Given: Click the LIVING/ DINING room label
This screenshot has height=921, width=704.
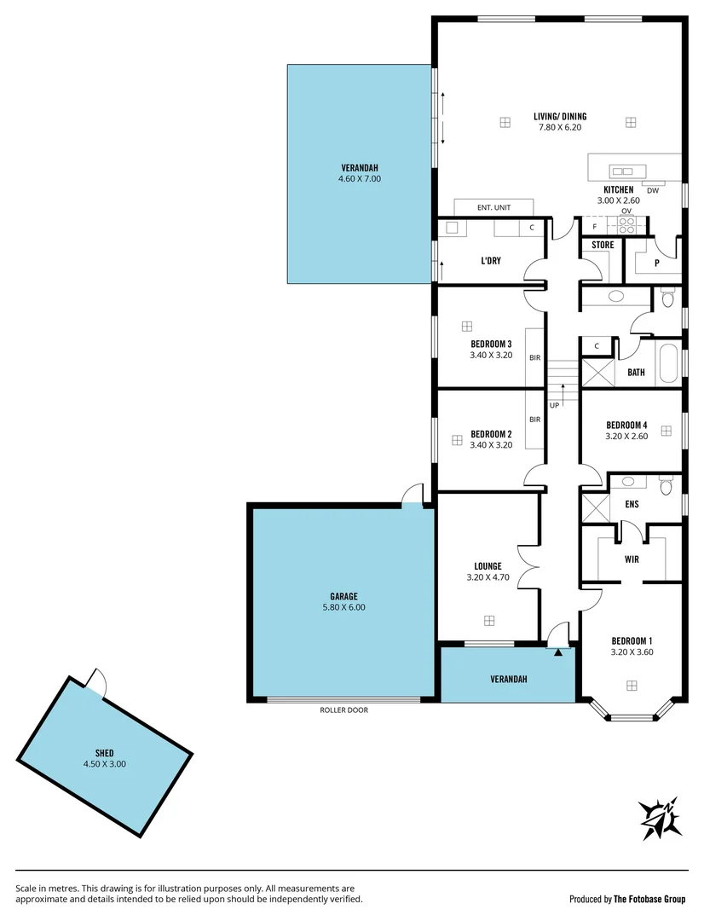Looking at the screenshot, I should click(x=560, y=117).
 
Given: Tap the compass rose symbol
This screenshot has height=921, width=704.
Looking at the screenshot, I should click(x=661, y=819).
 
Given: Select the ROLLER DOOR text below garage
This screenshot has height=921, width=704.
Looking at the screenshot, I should click(x=344, y=710).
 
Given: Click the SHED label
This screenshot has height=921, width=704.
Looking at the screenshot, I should click(x=105, y=753).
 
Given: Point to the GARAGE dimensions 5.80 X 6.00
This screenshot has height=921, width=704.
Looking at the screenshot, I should click(x=343, y=608).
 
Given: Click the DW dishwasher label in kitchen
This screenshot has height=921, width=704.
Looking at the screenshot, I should click(x=653, y=190).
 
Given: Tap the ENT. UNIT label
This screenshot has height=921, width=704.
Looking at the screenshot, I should click(x=493, y=207).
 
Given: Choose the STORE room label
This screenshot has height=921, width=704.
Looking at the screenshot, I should click(x=603, y=246).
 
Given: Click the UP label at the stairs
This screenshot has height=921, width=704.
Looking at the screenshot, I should click(x=555, y=405).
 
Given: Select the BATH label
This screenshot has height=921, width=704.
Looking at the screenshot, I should click(x=636, y=373).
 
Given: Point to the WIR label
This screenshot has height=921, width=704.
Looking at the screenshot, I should click(x=632, y=559).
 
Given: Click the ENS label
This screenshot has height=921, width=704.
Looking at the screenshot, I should click(x=632, y=504).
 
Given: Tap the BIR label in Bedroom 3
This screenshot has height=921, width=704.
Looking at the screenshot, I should click(x=535, y=358).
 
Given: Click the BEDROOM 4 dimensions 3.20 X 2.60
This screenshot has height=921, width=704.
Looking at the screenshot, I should click(x=627, y=436).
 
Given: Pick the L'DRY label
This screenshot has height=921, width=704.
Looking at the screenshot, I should click(x=491, y=261).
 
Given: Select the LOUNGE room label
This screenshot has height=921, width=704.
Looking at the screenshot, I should click(x=488, y=566).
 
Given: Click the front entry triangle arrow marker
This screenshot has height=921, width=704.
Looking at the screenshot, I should click(x=558, y=652).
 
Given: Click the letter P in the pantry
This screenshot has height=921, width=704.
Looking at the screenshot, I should click(x=656, y=264).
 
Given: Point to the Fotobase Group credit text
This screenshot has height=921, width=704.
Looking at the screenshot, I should click(x=627, y=899).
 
